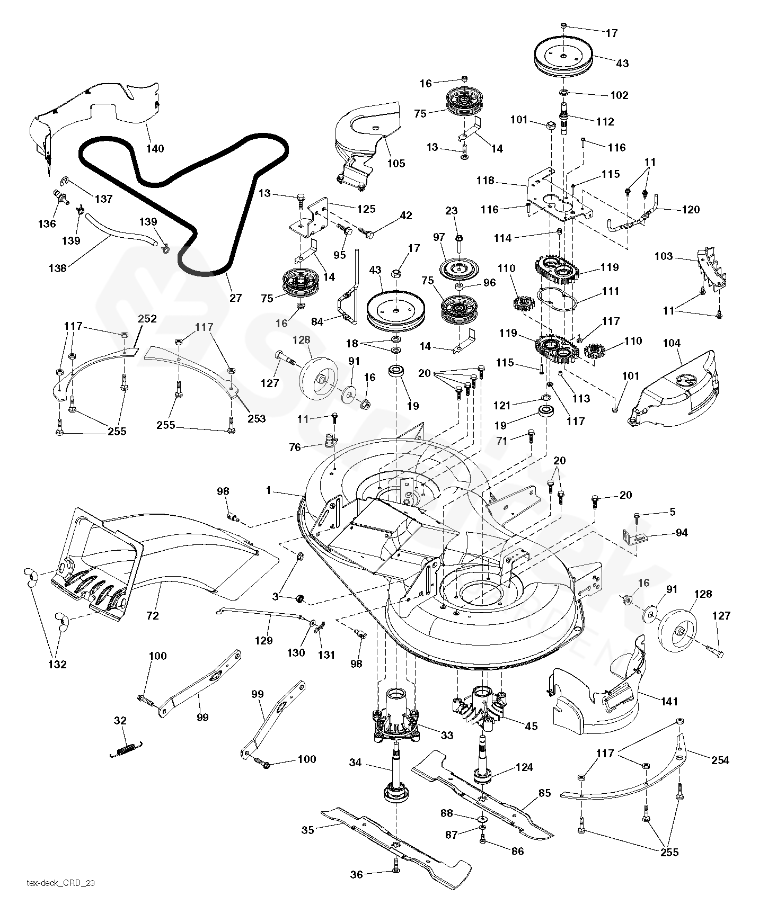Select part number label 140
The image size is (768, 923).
(155, 149)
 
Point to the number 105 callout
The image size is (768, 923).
(396, 163)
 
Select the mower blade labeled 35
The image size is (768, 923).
(395, 842)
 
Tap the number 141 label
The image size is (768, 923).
(669, 702)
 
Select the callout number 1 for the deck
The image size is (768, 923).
(269, 491)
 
